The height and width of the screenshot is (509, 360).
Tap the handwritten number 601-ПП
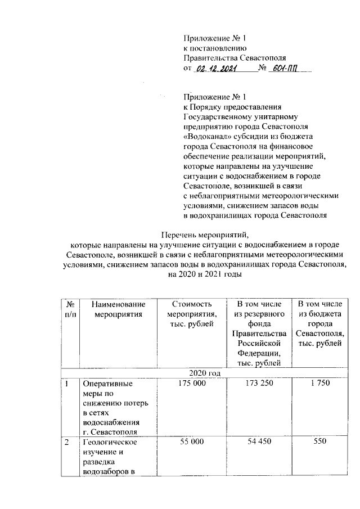pos(284,69)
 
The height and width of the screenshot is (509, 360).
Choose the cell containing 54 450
pos(258,443)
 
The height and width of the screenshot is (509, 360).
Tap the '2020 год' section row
pos(205,373)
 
